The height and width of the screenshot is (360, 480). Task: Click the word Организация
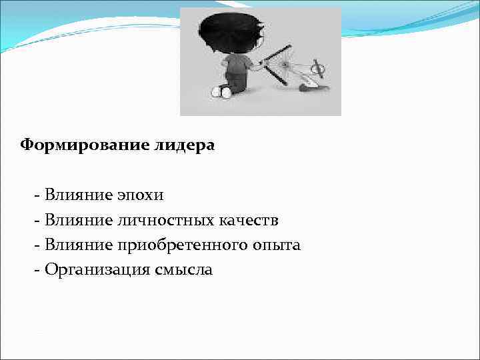[91, 270]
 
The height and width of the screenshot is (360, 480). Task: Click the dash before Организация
[37, 270]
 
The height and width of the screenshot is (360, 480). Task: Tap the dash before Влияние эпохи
[37, 196]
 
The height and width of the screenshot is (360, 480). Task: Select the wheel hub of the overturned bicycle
[286, 65]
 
